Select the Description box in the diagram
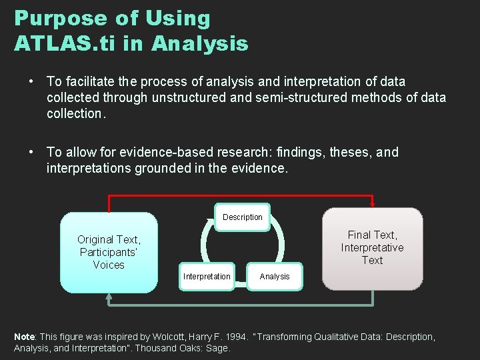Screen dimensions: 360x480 point(243,217)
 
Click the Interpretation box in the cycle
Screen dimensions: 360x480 point(207,277)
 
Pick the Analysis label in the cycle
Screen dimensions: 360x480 point(275,277)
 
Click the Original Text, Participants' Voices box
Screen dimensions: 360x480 point(109,252)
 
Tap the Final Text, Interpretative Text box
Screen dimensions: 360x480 point(372,247)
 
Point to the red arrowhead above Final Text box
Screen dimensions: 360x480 point(372,204)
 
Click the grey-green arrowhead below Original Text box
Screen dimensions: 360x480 point(109,297)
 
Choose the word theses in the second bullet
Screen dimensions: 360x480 point(350,152)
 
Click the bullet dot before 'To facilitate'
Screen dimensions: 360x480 point(32,81)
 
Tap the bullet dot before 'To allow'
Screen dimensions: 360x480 point(32,152)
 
